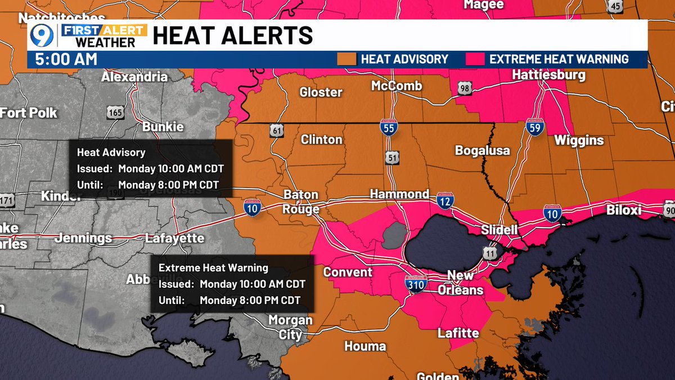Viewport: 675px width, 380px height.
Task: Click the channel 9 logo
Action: [x=42, y=35]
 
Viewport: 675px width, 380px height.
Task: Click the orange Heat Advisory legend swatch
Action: [x=346, y=59]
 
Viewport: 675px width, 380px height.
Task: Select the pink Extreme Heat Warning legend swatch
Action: [x=475, y=59]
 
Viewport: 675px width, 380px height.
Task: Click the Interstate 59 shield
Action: [x=534, y=128]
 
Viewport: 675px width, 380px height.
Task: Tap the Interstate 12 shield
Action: [x=445, y=200]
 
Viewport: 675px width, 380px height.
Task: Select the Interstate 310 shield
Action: [x=417, y=284]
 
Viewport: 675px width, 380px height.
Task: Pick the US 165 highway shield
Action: [x=115, y=112]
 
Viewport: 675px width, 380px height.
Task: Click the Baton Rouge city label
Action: [x=301, y=202]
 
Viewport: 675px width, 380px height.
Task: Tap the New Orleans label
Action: [x=465, y=283]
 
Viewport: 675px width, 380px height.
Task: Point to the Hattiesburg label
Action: [x=549, y=75]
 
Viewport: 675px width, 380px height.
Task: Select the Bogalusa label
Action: [x=482, y=150]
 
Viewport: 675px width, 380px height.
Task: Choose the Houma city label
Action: [x=364, y=346]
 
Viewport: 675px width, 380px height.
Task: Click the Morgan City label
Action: [x=290, y=327]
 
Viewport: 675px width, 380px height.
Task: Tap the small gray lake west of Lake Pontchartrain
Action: [x=394, y=234]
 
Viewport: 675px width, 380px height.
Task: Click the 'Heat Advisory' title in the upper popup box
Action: [x=111, y=152]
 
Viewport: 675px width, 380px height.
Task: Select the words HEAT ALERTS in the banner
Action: [x=232, y=35]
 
